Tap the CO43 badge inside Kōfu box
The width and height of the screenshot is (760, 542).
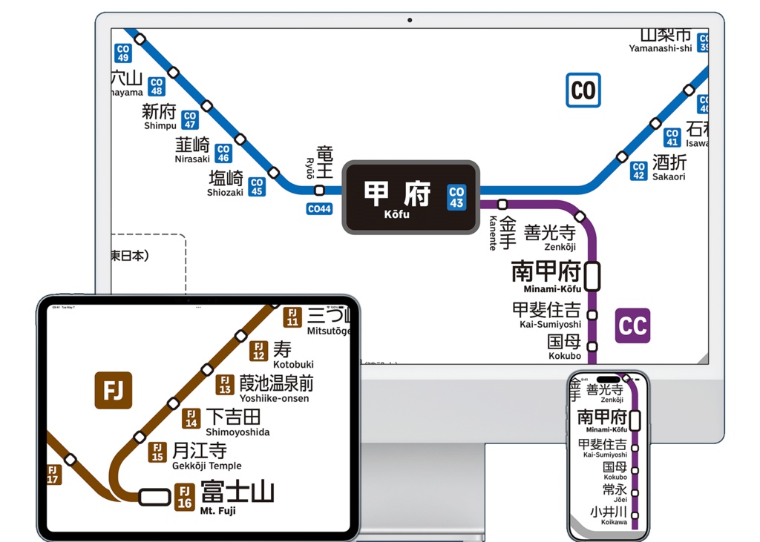pyautogui.click(x=456, y=197)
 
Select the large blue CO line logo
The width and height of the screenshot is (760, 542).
pyautogui.click(x=583, y=90)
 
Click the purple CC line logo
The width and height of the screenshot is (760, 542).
pyautogui.click(x=632, y=325)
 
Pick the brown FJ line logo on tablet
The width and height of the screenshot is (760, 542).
pyautogui.click(x=113, y=390)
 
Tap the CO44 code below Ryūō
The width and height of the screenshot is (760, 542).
pyautogui.click(x=319, y=209)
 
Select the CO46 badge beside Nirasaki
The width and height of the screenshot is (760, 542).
pyautogui.click(x=223, y=153)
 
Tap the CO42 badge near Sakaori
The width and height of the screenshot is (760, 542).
pyautogui.click(x=639, y=171)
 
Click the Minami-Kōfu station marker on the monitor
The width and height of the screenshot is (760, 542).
pyautogui.click(x=592, y=276)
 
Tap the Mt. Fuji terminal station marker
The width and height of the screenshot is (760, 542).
pyautogui.click(x=154, y=496)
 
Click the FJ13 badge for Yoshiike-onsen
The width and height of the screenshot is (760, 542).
pyautogui.click(x=225, y=385)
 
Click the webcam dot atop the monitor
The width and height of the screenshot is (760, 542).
pyautogui.click(x=410, y=20)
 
